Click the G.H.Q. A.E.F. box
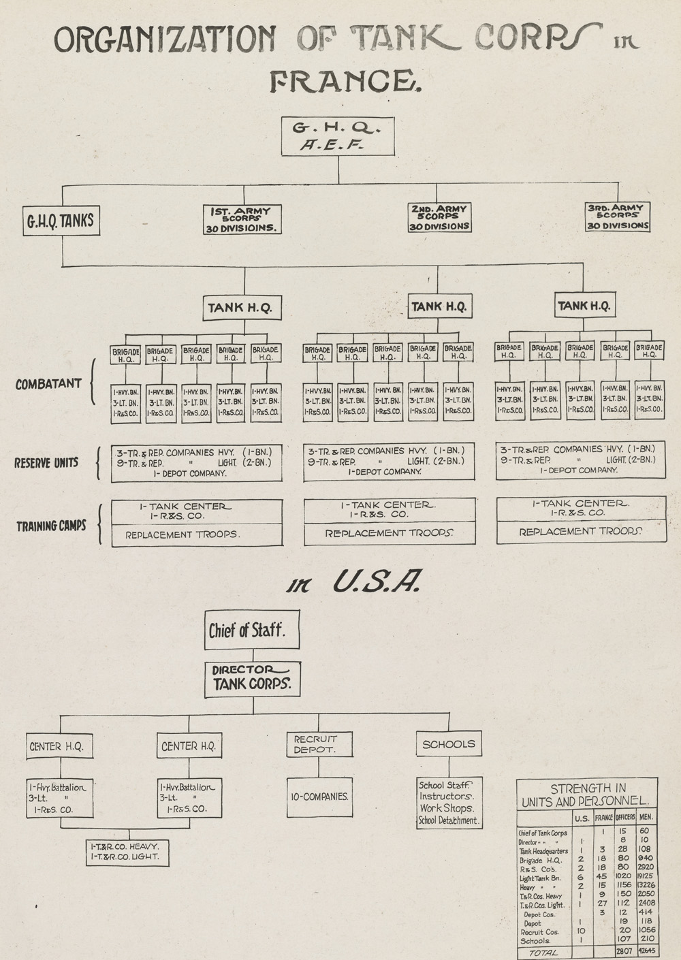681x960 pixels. (338, 135)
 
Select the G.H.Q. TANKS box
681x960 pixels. (60, 221)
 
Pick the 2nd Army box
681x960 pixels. (439, 218)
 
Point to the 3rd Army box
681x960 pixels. (617, 217)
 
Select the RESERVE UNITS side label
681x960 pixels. (46, 463)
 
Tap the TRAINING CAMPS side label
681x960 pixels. (52, 526)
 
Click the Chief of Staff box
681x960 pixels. (245, 630)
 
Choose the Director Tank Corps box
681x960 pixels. (253, 678)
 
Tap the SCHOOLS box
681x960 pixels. (449, 744)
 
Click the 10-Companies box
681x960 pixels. (319, 797)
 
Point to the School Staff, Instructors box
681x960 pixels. (449, 803)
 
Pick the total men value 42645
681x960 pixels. (648, 951)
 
